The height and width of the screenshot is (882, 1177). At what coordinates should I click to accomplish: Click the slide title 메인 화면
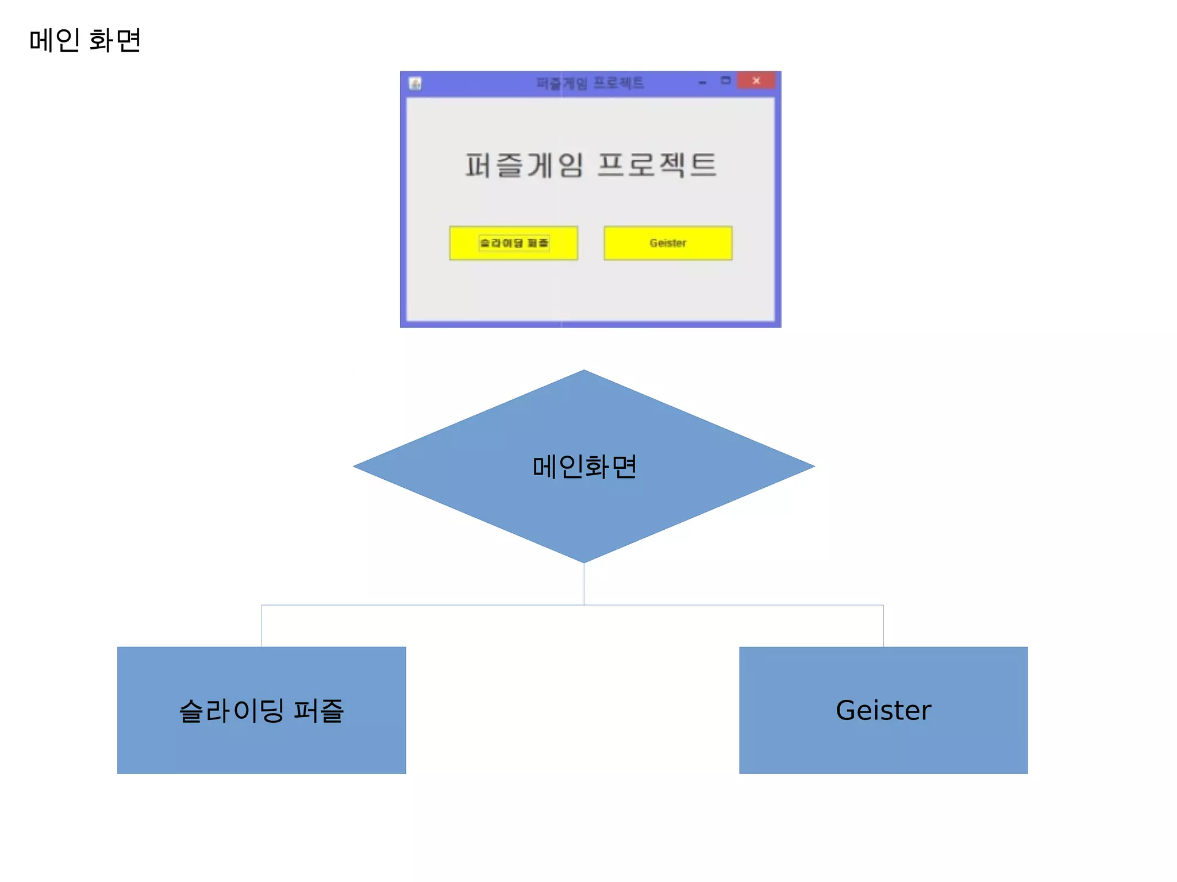coord(85,40)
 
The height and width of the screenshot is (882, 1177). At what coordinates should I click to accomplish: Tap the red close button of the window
coord(756,81)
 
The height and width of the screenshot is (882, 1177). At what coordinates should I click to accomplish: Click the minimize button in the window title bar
coord(702,83)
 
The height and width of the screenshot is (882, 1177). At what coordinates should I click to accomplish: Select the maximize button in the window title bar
coord(726,81)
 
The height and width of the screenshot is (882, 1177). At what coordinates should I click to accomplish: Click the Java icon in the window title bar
coord(416,84)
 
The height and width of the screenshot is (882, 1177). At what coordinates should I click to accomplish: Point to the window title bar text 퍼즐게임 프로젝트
coord(590,83)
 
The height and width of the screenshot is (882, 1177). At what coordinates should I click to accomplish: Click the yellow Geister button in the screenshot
coord(668,243)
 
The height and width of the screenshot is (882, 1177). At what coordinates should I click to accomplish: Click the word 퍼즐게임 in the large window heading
coord(524,165)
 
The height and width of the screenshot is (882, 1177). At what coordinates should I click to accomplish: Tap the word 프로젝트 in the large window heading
coord(657,165)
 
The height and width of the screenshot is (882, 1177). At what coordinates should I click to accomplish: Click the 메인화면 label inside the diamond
coord(584,467)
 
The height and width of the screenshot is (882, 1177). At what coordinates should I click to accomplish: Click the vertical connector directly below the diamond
coord(584,584)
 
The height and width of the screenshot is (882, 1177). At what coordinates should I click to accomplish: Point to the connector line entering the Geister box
coord(883,626)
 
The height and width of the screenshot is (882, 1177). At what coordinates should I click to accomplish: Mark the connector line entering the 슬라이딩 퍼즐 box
coord(262,626)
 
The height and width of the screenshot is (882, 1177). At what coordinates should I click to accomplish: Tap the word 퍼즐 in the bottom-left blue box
coord(318,711)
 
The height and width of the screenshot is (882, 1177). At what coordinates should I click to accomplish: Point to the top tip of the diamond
coord(584,372)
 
